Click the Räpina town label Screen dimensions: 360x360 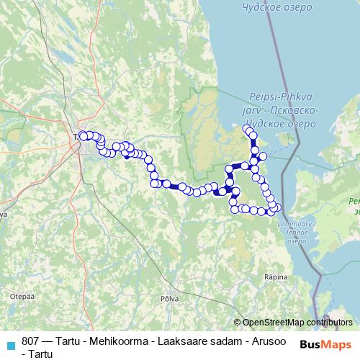[x=276, y=276]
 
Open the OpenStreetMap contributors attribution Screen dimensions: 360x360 [x=295, y=323]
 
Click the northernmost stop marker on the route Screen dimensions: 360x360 [x=247, y=129]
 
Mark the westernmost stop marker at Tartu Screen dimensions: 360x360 [x=83, y=135]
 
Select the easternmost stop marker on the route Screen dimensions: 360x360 [x=278, y=208]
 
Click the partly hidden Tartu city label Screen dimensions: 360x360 [x=76, y=137]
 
